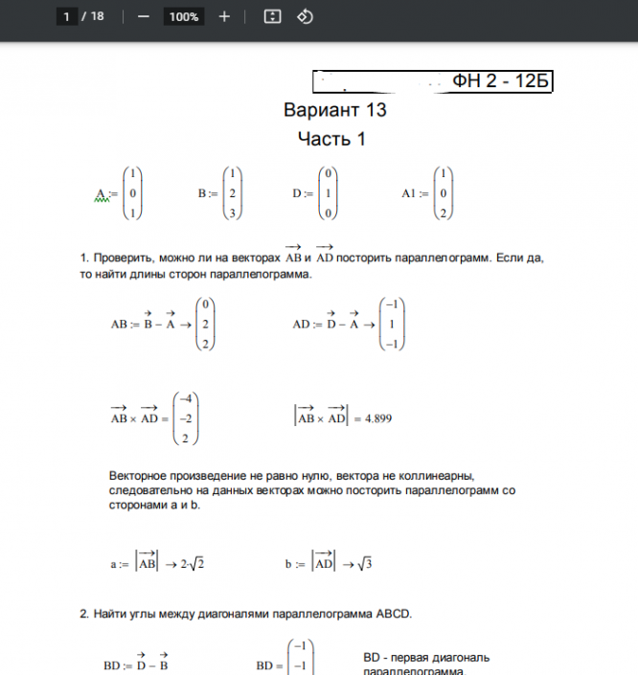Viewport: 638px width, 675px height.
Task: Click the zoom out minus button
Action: (x=144, y=16)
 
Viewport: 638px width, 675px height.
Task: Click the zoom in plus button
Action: (x=224, y=16)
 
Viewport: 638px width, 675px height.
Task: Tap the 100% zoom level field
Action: (x=183, y=16)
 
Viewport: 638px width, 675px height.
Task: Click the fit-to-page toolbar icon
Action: (x=272, y=16)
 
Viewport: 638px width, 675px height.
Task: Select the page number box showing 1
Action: (x=67, y=16)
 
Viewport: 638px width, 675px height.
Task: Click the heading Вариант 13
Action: (x=334, y=110)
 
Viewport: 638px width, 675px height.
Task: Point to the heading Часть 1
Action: (x=331, y=139)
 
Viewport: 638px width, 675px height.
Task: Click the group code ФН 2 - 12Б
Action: (x=501, y=81)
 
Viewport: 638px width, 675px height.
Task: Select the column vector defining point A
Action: (x=133, y=194)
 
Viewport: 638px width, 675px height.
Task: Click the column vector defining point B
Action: (x=232, y=194)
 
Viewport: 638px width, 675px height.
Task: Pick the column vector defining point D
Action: (x=329, y=194)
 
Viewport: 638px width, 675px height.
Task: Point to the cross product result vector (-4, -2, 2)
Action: (x=186, y=418)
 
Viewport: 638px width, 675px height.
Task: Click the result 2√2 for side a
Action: (x=192, y=564)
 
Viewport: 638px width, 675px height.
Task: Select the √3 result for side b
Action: (x=364, y=564)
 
